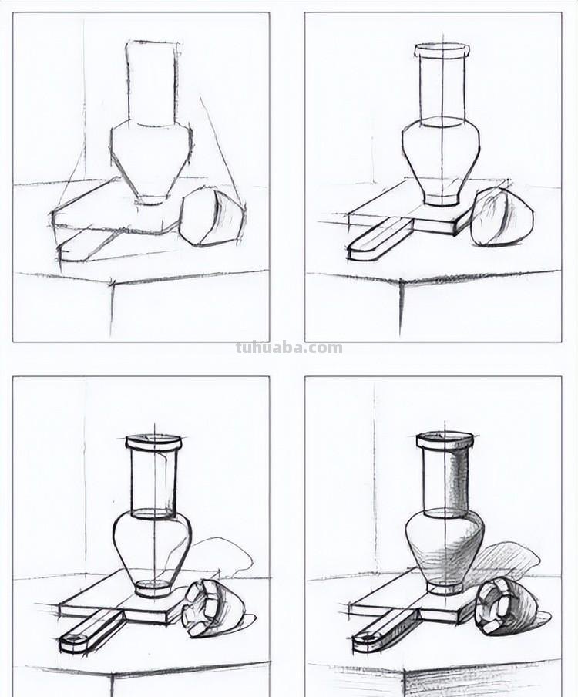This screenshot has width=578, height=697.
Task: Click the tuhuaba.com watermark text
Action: point(289,348)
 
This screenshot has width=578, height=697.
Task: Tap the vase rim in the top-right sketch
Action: point(442,50)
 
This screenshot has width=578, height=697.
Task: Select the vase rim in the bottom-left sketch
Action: point(154,443)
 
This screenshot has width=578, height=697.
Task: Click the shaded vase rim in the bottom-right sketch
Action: point(445,439)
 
